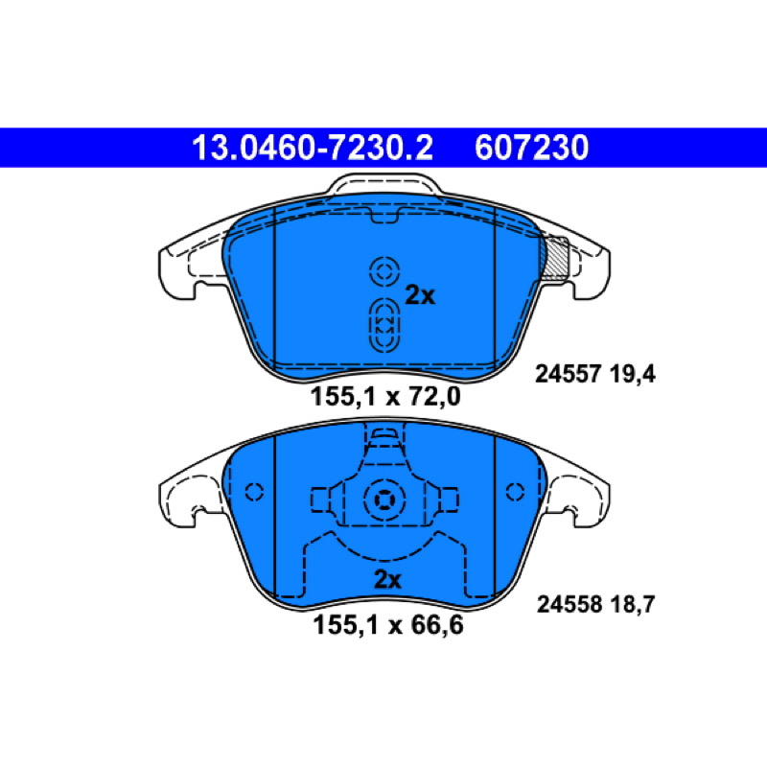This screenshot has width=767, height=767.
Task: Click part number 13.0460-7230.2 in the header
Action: tap(313, 148)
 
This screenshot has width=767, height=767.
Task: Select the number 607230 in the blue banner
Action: tap(531, 148)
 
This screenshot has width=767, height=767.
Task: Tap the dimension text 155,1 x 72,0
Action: tap(385, 396)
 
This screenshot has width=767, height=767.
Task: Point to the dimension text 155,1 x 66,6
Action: tap(387, 625)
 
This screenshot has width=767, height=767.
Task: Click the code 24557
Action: tap(568, 375)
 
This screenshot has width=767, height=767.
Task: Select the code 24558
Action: tap(569, 605)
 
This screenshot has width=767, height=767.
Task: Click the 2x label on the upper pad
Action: tap(420, 295)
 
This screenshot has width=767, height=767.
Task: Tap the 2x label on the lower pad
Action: tap(387, 580)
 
